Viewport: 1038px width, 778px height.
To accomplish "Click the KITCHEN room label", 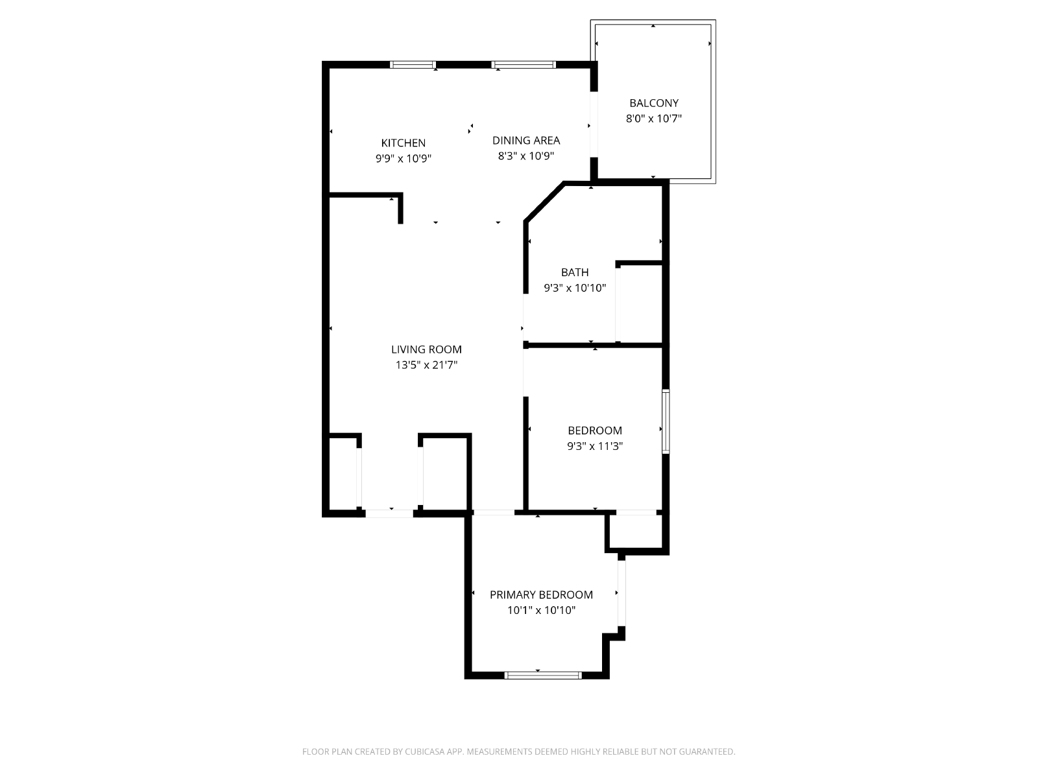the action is point(403,143).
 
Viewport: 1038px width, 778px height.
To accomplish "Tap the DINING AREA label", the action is point(526,140).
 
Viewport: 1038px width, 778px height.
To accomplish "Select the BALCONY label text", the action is point(653,103).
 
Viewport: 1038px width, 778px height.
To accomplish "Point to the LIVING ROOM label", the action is point(426,349).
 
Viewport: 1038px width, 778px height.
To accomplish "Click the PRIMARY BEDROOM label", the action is point(541,595).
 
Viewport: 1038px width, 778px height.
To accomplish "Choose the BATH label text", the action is point(575,272).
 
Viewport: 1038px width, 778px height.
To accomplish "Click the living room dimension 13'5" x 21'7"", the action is point(426,364).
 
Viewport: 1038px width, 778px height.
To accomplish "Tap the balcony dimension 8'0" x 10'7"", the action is point(653,119).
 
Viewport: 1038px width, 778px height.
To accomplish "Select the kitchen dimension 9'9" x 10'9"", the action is point(404,158).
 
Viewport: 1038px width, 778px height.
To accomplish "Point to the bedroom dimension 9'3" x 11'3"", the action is point(594,446).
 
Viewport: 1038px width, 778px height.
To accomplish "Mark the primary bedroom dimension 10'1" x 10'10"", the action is point(541,610).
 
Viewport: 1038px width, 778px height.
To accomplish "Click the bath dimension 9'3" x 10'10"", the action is point(575,288).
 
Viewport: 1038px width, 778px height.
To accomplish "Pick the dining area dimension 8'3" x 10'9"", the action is point(526,156).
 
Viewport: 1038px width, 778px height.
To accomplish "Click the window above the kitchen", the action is point(413,65).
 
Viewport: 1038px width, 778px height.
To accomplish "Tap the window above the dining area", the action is point(524,65).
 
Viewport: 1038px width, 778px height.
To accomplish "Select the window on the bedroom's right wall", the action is point(666,421).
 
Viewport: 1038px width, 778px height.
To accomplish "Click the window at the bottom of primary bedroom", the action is point(543,676).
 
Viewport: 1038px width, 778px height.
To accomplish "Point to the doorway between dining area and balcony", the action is point(594,124).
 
